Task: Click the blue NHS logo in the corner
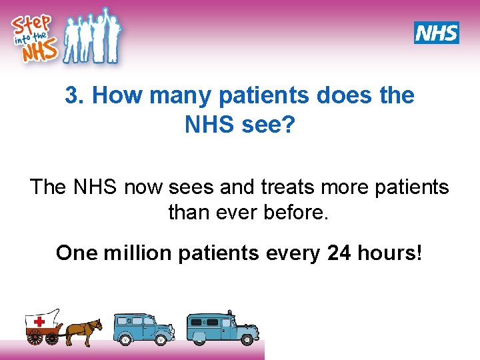[436, 33]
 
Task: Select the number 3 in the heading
[71, 95]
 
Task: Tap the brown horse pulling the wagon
[84, 329]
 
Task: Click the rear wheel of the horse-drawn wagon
[35, 337]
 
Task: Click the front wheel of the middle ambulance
[125, 339]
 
